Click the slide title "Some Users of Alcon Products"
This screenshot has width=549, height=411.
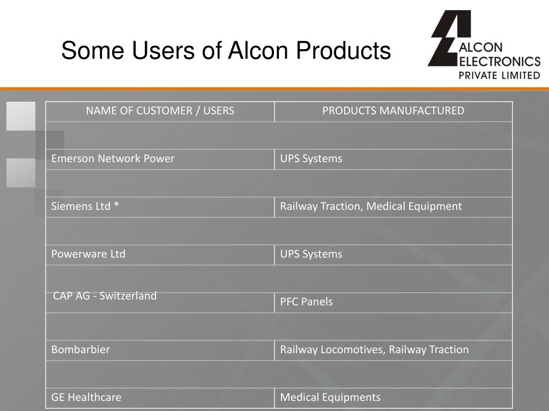[226, 51]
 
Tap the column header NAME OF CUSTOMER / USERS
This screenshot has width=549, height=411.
[160, 111]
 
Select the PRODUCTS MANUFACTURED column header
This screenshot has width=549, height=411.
[393, 111]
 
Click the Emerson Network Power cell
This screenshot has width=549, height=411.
[113, 158]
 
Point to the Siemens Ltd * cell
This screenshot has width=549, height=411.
[85, 206]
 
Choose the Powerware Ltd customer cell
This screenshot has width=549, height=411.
[88, 254]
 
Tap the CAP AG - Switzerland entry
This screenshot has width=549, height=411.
[105, 296]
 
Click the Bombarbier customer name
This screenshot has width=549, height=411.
[80, 349]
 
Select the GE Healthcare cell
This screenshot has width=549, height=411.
[86, 397]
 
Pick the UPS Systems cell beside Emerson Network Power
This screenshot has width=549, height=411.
[311, 158]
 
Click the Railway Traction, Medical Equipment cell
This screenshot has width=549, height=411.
[370, 206]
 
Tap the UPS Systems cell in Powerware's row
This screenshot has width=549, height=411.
[311, 254]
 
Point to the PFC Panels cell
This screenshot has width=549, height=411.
[306, 302]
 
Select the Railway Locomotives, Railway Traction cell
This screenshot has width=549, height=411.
[374, 349]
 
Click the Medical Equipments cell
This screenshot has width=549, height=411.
[330, 397]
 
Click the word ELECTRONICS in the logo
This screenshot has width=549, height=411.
[500, 61]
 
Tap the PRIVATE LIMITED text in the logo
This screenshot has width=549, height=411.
[499, 75]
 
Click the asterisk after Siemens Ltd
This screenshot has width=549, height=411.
[116, 205]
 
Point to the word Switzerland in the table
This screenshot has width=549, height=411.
[128, 296]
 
